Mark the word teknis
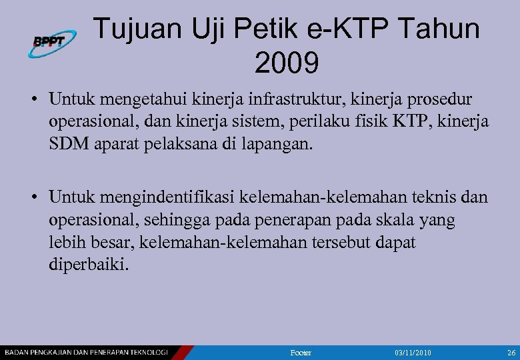(435, 198)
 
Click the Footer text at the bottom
(301, 352)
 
